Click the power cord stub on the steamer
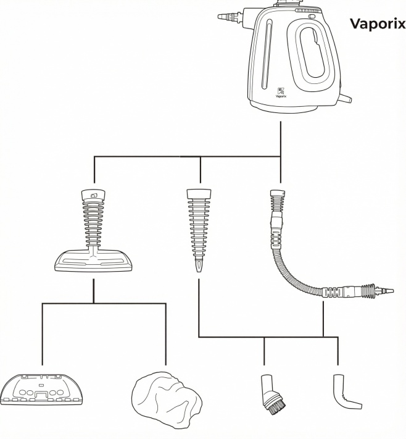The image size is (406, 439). tap(346, 98)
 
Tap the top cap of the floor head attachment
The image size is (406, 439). tap(94, 195)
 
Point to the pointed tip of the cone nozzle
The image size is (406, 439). tap(199, 270)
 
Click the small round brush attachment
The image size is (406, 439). tap(267, 395)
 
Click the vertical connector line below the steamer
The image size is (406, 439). tap(281, 139)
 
